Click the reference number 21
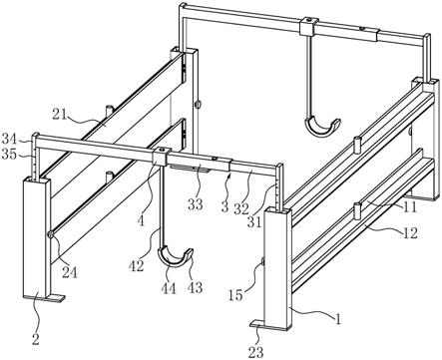(x=60, y=115)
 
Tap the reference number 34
(x=9, y=138)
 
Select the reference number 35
(x=9, y=154)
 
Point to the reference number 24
(x=69, y=272)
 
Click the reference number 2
(x=36, y=339)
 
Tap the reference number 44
(x=169, y=288)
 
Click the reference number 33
(x=196, y=204)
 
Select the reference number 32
(x=241, y=209)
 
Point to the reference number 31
(x=254, y=222)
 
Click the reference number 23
(x=255, y=352)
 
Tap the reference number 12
(x=410, y=233)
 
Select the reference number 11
(x=410, y=207)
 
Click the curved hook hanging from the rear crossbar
(x=321, y=128)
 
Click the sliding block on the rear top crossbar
(x=307, y=27)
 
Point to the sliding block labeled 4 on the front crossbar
(x=160, y=156)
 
